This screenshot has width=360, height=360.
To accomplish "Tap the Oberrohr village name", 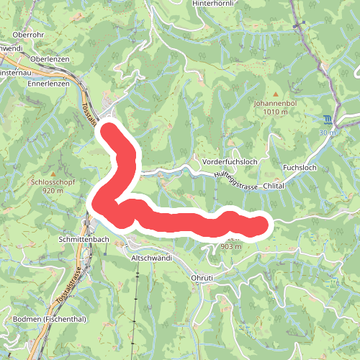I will click(x=30, y=34).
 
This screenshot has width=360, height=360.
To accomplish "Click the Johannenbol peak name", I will click(x=274, y=103).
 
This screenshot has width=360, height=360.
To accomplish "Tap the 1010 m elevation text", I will click(x=274, y=112).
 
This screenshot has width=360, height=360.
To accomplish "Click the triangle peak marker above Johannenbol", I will click(x=274, y=92).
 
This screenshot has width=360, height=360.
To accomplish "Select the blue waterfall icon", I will click(x=328, y=120).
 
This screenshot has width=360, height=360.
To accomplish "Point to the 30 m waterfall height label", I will click(x=328, y=132).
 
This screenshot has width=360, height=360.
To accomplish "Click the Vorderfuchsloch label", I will click(x=230, y=161).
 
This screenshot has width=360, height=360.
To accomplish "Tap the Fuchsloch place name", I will click(x=300, y=167).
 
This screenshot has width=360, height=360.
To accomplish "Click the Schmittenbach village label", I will click(x=84, y=238).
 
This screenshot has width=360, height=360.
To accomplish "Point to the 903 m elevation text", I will click(x=229, y=246).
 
